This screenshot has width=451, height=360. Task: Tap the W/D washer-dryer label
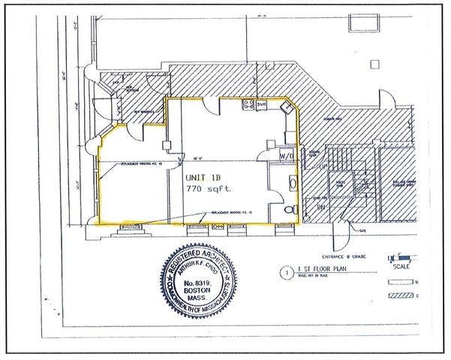(287, 155)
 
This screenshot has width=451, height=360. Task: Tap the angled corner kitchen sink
(286, 107)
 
